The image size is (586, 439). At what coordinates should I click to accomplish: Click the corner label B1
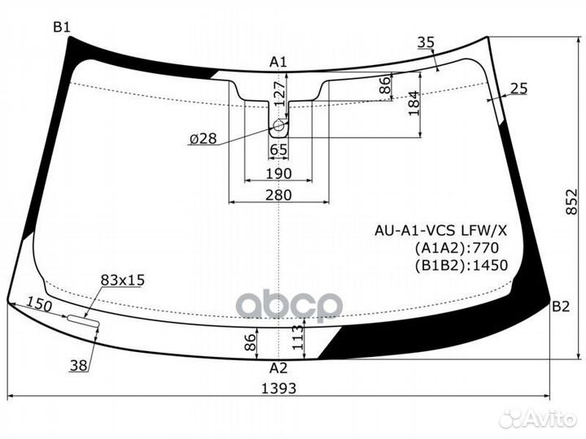click(62, 28)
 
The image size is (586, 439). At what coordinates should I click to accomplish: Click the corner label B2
click(561, 306)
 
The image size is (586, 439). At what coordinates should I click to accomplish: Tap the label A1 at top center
click(279, 61)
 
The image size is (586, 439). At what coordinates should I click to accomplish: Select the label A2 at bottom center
click(279, 367)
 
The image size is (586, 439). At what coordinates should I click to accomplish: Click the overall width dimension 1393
click(279, 389)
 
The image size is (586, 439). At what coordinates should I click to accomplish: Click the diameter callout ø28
click(203, 139)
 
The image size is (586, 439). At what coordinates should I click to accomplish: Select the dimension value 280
click(278, 194)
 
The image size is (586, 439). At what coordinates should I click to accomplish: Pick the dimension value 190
click(278, 174)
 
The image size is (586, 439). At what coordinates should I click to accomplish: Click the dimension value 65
click(278, 150)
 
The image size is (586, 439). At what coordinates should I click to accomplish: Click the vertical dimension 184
click(413, 102)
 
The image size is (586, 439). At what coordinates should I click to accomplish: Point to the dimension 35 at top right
click(425, 42)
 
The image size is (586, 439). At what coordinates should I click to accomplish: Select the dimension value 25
click(519, 88)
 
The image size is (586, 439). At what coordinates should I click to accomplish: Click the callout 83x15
click(122, 280)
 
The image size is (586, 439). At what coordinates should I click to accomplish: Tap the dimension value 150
click(38, 306)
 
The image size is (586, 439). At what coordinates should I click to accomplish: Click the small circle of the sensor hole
click(278, 126)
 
